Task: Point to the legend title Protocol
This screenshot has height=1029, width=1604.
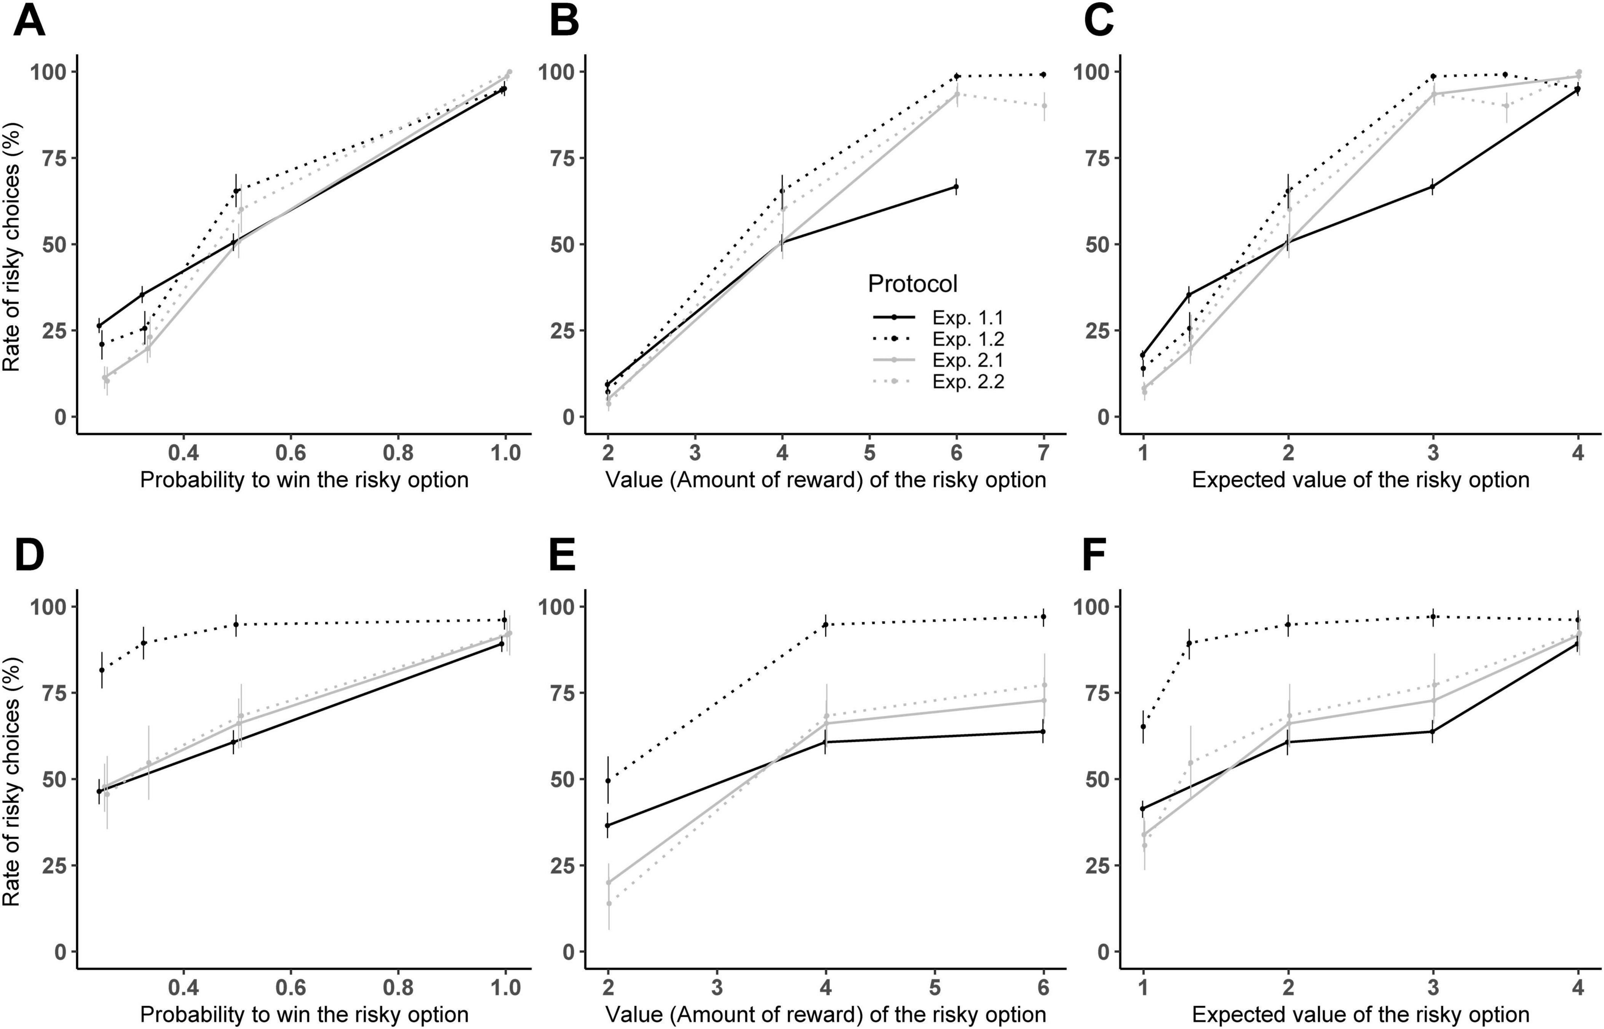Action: [912, 284]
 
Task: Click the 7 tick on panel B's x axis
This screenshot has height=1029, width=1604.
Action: [1043, 453]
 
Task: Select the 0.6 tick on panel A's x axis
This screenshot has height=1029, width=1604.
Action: [291, 453]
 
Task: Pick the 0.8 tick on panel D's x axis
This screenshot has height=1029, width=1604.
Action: [398, 987]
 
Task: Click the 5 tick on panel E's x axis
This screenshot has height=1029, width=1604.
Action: [935, 987]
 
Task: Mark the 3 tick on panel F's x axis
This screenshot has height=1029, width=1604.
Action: [1433, 987]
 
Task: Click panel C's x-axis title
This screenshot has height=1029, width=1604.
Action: [1360, 480]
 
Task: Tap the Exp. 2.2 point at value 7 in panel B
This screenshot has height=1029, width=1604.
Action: [1043, 105]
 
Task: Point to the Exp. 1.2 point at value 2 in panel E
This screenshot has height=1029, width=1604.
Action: [608, 780]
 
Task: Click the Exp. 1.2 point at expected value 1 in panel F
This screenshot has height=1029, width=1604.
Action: [1143, 726]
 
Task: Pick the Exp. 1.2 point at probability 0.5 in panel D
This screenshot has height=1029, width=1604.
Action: [236, 624]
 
